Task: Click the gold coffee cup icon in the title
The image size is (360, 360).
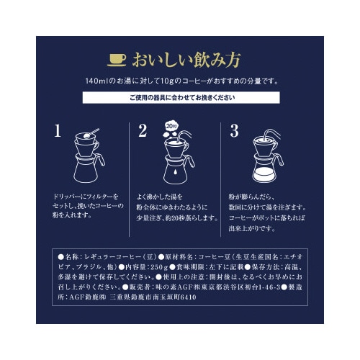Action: coord(116,58)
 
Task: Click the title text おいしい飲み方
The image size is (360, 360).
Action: coord(190,58)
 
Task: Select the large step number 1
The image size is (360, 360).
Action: coord(57,131)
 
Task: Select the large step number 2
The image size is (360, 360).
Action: coord(143,131)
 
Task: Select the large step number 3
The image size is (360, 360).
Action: coord(233,131)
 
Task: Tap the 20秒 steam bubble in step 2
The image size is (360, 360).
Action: coord(171,125)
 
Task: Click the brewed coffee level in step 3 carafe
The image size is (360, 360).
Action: coord(267,175)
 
